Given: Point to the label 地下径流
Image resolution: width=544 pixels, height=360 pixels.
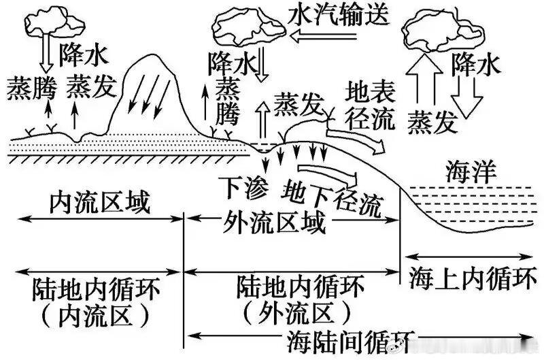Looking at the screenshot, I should click(333, 194).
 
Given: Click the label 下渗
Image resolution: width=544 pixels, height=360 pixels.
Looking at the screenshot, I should click(245, 186).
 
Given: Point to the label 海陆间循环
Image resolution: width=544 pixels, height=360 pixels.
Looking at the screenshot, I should click(350, 338).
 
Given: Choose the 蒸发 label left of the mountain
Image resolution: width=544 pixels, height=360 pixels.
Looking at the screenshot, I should click(92, 86).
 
